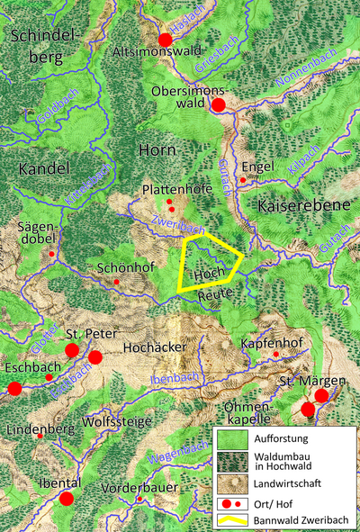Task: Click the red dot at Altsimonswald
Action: pyautogui.click(x=165, y=40)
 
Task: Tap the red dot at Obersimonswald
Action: pyautogui.click(x=218, y=105)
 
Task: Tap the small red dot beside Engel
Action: pyautogui.click(x=242, y=180)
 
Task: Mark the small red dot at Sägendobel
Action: pyautogui.click(x=51, y=254)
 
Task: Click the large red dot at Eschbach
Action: pyautogui.click(x=13, y=388)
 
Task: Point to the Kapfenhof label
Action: pyautogui.click(x=271, y=345)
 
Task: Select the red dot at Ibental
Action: pyautogui.click(x=66, y=498)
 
